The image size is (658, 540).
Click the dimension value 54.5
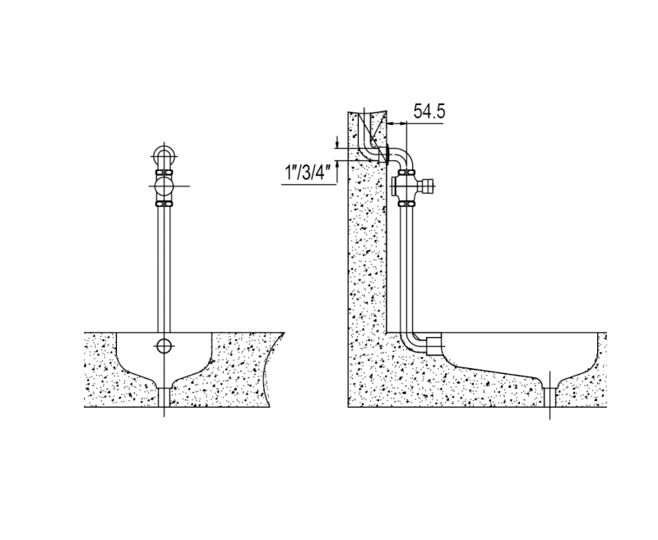(429, 112)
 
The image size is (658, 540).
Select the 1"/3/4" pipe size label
(308, 173)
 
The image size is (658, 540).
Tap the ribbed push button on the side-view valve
(429, 186)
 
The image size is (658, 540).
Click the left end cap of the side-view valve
(395, 186)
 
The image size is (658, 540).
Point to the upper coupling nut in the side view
(406, 172)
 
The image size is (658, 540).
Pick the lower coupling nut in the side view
(406, 204)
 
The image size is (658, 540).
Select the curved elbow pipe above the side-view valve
(403, 157)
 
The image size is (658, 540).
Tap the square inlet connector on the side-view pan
(433, 345)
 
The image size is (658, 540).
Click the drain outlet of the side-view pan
(549, 397)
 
